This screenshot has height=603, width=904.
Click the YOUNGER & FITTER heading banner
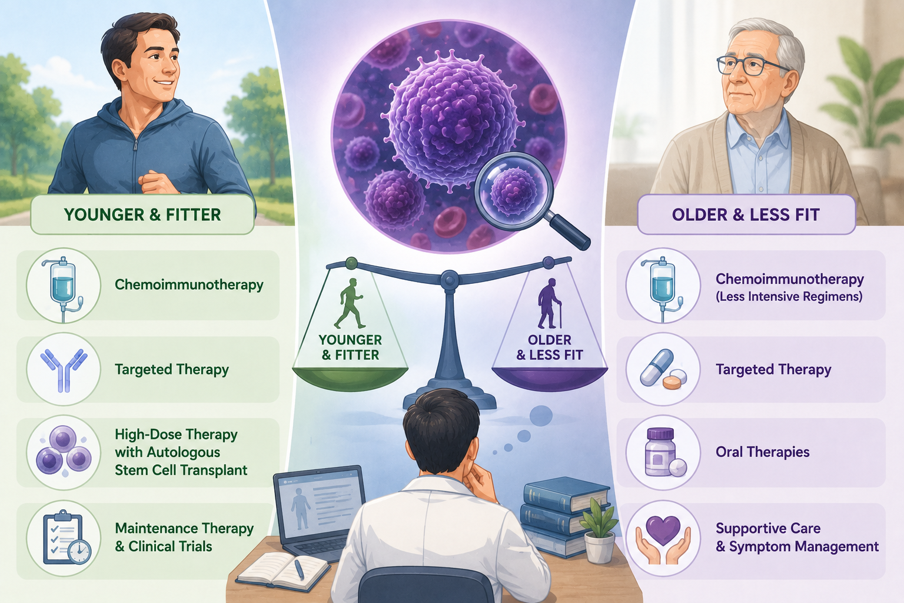(x=142, y=214)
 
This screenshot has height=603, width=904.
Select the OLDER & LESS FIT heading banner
(x=746, y=214)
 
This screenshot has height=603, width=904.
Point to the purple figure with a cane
(x=549, y=303)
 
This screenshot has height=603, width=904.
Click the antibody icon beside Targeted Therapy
(x=64, y=370)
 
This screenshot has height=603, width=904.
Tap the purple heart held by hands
(x=663, y=531)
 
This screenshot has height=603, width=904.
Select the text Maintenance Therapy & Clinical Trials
(x=184, y=537)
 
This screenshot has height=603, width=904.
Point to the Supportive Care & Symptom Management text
(x=797, y=537)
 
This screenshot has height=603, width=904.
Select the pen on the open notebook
(x=299, y=569)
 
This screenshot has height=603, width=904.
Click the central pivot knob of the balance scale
(x=449, y=279)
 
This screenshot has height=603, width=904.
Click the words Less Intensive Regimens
(x=789, y=297)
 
